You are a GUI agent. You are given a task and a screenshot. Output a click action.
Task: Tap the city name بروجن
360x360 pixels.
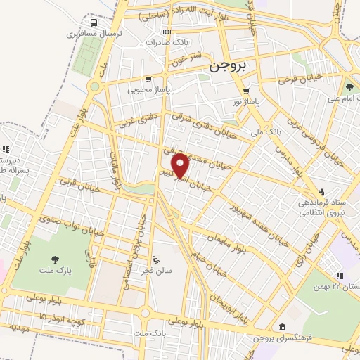pos(229,67)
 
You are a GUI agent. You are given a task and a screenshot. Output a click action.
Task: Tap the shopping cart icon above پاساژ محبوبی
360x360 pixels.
pos(148,79)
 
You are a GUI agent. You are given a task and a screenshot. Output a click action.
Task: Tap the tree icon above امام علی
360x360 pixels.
pos(349,88)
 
